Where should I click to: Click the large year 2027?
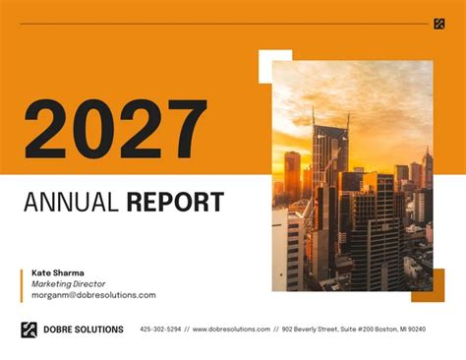[x=116, y=128]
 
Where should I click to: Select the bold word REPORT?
[x=174, y=204]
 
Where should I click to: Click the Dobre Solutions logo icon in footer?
[x=29, y=330]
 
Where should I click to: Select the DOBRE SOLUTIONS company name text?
[x=83, y=330]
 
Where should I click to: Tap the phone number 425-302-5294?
[x=160, y=330]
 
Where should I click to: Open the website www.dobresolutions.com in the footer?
[x=231, y=330]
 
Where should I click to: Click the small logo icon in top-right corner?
[x=438, y=24]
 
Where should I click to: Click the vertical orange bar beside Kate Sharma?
[x=21, y=283]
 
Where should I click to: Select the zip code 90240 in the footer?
[x=416, y=330]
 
